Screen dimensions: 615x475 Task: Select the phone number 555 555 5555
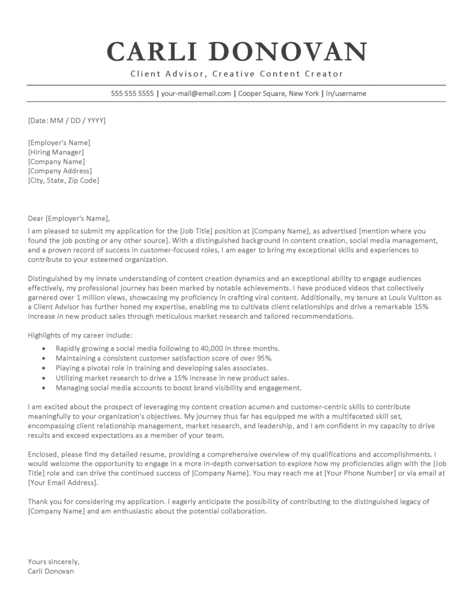132,94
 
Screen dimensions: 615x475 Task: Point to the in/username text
346,94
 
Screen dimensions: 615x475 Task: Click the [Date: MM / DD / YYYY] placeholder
67,121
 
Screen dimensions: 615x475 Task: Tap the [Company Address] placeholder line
60,171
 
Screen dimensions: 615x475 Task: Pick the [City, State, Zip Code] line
64,180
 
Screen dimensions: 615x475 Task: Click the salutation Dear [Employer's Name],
70,218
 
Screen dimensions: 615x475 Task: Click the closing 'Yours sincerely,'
53,562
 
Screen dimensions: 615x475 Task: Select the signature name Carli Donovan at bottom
51,571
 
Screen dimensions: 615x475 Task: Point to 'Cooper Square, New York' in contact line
278,94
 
